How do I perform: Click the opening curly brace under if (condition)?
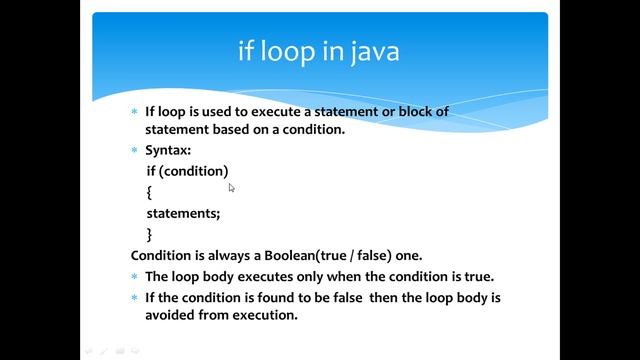(149, 192)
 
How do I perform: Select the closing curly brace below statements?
(149, 234)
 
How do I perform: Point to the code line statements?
(183, 213)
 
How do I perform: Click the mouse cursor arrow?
(231, 187)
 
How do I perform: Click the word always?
(225, 255)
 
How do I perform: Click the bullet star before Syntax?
(135, 149)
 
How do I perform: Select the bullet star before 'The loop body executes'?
(135, 276)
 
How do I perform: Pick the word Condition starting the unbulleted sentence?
(163, 255)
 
